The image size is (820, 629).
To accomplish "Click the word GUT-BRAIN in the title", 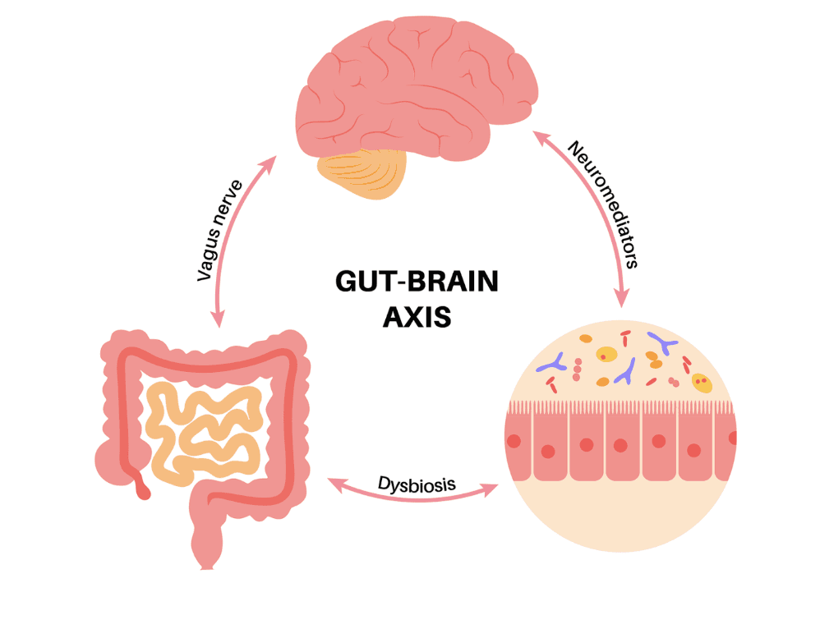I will pos(417,282).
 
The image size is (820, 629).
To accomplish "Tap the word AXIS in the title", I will pos(417,316).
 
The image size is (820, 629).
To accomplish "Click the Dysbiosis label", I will pos(417,482).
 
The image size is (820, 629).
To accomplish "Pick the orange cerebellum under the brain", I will pos(362,172).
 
